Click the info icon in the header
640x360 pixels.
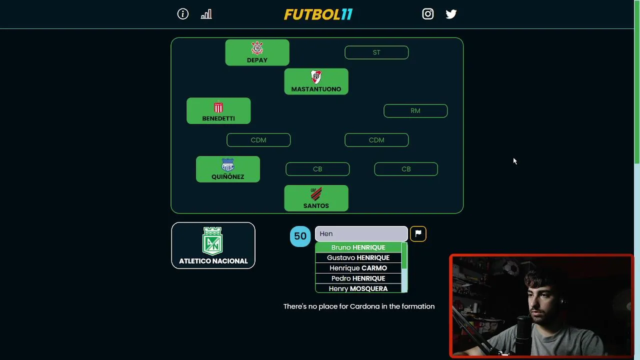183,14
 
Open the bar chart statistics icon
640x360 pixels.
206,14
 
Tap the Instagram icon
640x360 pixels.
427,14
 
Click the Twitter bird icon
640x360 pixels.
451,14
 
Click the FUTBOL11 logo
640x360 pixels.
318,14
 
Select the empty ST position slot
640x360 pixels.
376,52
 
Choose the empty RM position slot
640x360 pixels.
415,111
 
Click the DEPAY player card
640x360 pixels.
257,52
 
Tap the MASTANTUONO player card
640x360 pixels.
316,81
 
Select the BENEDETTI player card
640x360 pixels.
218,111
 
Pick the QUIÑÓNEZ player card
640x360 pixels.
228,169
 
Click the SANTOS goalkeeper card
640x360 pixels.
316,198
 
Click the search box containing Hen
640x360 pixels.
361,233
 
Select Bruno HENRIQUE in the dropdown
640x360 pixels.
358,247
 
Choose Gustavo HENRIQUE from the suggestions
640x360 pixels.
358,257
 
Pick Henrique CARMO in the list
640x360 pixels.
358,268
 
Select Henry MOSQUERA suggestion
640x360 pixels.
358,288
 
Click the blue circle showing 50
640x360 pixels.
300,236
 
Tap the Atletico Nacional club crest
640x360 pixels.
212,241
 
